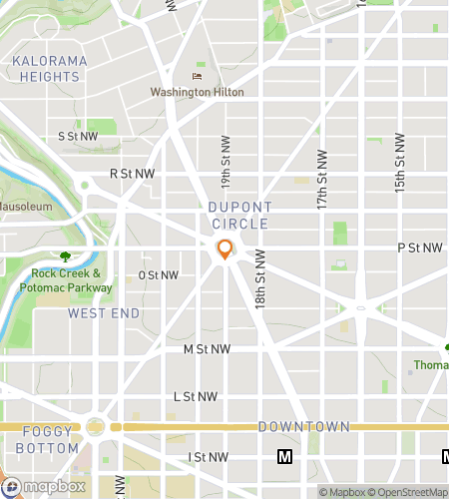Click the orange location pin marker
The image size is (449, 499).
coord(225,249)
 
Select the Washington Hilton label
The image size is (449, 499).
coord(197,92)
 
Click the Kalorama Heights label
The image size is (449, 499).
coord(50,69)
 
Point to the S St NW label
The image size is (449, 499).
coord(78,136)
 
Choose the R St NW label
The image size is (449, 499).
coord(133,174)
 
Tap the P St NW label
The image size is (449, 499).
coord(419,248)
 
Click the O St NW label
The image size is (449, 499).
coord(159,275)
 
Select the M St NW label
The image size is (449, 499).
coord(207,349)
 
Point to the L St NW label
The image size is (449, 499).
coord(195,396)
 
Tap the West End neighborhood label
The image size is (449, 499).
coord(104,313)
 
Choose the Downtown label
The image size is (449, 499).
coord(303,427)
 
